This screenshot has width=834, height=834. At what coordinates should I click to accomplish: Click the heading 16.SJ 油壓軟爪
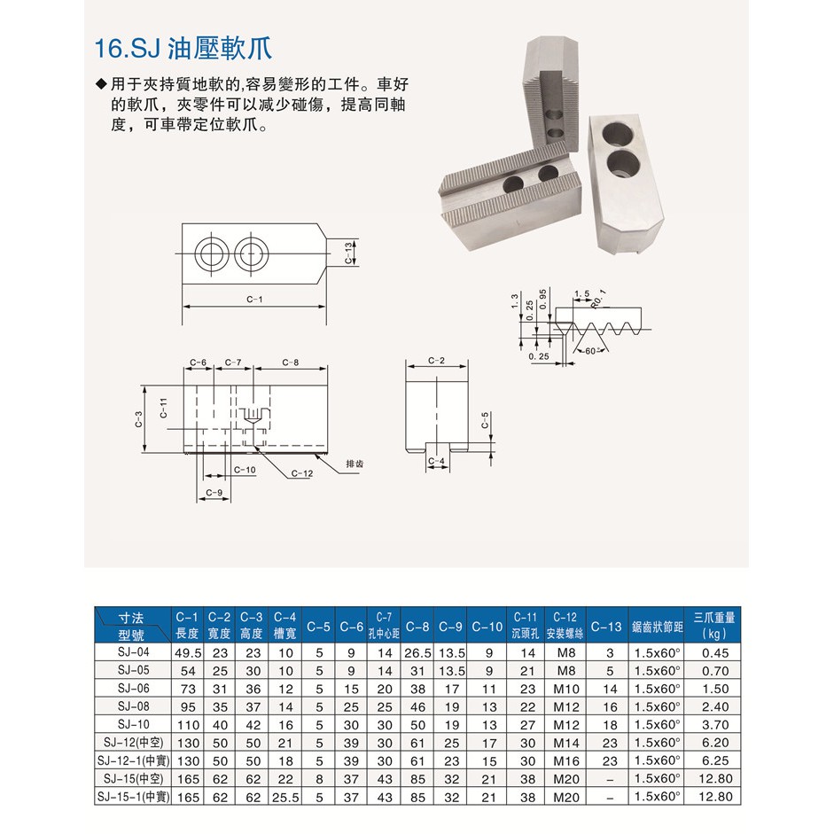click(183, 49)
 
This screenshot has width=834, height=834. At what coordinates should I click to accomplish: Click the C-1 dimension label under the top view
click(254, 300)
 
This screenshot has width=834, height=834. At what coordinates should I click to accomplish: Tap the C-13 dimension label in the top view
click(348, 253)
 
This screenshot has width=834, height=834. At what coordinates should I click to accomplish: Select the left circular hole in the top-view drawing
click(212, 253)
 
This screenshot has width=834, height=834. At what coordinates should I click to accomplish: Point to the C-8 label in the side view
click(291, 362)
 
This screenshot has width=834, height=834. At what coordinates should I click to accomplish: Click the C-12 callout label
click(302, 473)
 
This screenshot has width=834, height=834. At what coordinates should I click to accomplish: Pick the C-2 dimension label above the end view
click(436, 361)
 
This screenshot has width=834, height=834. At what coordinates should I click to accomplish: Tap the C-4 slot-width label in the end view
click(436, 461)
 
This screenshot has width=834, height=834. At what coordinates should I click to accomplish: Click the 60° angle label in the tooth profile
click(591, 351)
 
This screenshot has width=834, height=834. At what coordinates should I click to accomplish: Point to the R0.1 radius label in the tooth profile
click(599, 299)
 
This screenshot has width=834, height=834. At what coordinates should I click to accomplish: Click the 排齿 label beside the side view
click(355, 464)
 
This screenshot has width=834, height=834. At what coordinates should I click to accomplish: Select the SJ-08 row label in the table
click(134, 706)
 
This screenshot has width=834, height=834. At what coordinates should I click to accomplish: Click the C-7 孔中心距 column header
click(384, 625)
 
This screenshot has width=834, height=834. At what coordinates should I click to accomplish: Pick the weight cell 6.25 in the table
click(715, 761)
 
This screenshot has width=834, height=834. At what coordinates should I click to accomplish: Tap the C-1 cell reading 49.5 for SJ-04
click(188, 653)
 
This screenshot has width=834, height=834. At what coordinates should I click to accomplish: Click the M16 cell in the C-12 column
click(566, 761)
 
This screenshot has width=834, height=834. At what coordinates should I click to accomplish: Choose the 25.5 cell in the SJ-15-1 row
click(285, 798)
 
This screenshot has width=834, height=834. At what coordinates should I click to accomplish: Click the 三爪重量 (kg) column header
click(713, 625)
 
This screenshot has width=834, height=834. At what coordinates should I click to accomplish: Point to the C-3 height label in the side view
click(138, 420)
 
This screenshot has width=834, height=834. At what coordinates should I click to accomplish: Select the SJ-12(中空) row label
click(134, 743)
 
